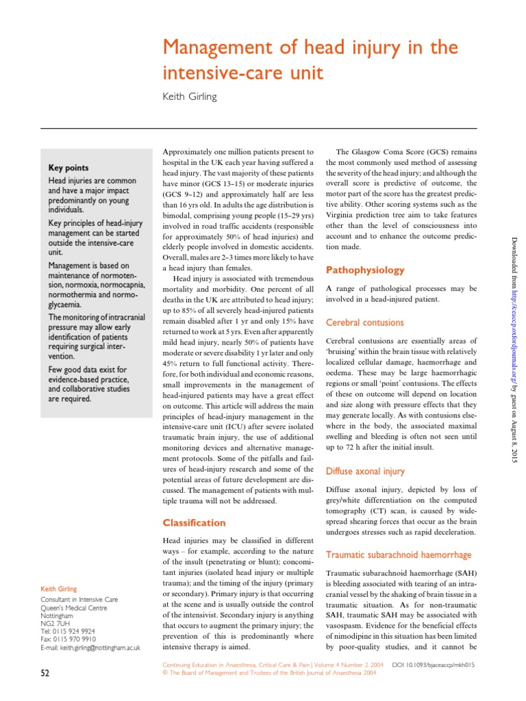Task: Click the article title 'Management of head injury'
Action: coord(309,49)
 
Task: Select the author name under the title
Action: coord(189,97)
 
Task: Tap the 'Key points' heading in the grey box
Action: coord(68,168)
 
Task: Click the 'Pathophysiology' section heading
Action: coord(360,270)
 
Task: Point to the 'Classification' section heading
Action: coord(194,522)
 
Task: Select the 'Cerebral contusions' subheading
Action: coord(364,322)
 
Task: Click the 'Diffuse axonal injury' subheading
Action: coord(365,471)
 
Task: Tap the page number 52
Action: coord(45,674)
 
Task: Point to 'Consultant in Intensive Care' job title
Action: coord(79,600)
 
